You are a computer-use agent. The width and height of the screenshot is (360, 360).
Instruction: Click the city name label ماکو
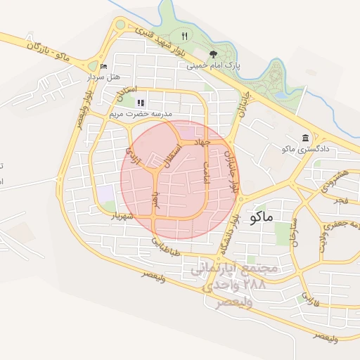[261, 217]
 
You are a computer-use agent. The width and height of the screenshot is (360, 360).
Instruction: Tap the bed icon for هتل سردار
[105, 67]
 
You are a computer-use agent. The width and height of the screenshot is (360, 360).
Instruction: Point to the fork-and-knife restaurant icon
[185, 36]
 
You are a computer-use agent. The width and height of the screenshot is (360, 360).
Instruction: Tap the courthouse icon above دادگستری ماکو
[304, 138]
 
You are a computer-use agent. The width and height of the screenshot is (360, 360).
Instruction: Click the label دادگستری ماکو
[304, 149]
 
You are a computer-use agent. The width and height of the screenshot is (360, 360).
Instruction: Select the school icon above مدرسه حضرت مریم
[141, 103]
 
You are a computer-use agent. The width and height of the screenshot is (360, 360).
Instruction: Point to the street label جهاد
[203, 143]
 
